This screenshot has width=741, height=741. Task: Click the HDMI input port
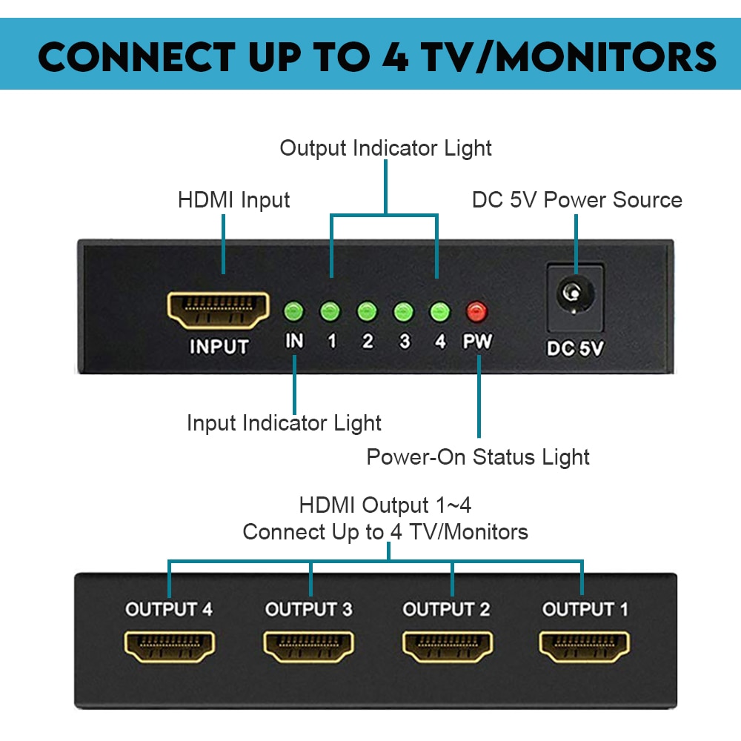pos(219,310)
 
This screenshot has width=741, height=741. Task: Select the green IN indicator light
pos(294,311)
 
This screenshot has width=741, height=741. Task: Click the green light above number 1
pos(330,311)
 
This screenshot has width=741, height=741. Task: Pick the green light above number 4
pos(440,311)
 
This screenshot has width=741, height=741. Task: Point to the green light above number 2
pos(367,311)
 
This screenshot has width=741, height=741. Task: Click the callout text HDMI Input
pos(234,200)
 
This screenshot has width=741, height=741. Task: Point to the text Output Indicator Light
pos(385,148)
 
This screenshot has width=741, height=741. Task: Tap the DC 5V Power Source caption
pos(576,200)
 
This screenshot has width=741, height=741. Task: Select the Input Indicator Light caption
pos(284,423)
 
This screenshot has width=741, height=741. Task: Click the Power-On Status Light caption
pos(478,457)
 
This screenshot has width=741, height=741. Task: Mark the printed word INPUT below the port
pos(219,347)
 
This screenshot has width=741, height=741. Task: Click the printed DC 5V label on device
pos(574,348)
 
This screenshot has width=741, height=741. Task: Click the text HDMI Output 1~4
pos(385,505)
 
